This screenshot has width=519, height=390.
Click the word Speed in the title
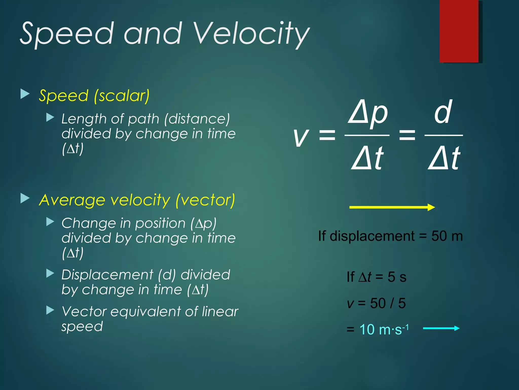[x=66, y=34]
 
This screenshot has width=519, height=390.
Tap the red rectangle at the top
[x=459, y=30]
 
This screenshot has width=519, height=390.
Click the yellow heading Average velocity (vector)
[x=137, y=200]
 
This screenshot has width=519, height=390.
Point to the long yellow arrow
[x=392, y=207]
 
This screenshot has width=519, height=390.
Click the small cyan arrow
[x=441, y=328]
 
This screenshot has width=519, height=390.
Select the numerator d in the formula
[x=443, y=112]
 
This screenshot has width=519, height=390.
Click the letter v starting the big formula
[x=301, y=137]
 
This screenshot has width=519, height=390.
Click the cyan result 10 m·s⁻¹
[x=384, y=330]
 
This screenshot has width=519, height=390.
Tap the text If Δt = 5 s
[x=376, y=277]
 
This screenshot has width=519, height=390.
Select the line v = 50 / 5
[x=376, y=303]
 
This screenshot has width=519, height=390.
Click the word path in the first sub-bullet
[x=143, y=119]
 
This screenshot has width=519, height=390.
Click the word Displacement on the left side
[x=107, y=275]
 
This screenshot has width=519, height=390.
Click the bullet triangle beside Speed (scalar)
[x=25, y=94]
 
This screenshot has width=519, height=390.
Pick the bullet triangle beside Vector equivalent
[x=50, y=310]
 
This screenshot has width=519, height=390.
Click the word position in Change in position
[x=160, y=223]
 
